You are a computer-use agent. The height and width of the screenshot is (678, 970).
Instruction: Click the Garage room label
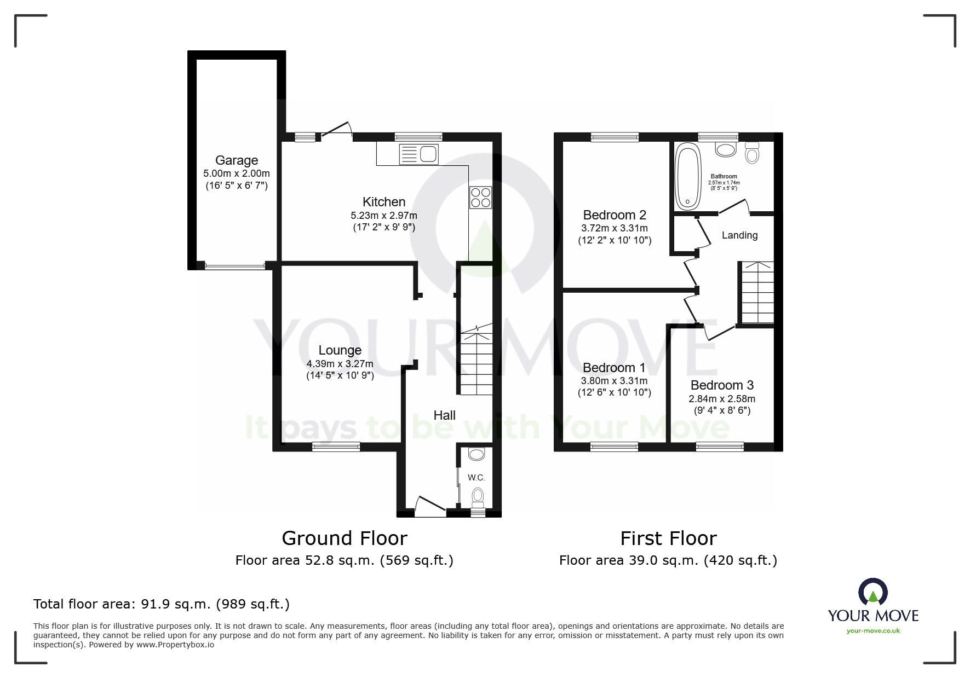236,160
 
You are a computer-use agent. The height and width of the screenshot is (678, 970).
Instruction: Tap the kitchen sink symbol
419,154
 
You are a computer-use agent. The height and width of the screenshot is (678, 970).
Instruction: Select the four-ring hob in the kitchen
480,198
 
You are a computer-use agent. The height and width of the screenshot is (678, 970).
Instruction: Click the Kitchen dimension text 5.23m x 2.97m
383,216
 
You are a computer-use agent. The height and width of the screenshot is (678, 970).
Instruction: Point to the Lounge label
340,350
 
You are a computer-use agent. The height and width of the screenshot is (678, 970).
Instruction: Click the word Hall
444,415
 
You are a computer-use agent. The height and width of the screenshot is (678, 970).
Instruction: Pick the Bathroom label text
724,177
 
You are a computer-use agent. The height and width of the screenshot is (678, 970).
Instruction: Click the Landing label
739,235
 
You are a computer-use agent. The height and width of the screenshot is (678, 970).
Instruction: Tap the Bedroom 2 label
615,215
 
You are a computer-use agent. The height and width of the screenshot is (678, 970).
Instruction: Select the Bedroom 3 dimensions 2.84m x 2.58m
721,399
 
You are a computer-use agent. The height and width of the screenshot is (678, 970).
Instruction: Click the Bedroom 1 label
613,368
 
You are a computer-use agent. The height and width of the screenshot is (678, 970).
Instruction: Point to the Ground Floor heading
344,538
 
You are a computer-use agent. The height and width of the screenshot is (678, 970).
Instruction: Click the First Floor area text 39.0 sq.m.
668,560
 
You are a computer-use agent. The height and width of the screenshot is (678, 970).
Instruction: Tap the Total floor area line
162,604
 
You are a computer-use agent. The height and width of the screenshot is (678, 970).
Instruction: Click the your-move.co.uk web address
873,631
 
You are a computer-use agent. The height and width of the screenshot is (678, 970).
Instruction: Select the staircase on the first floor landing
757,293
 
